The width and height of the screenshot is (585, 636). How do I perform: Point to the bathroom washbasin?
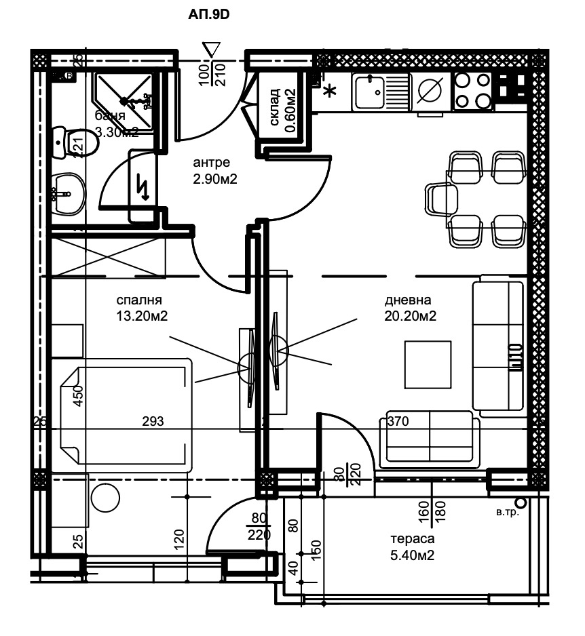click(67, 191)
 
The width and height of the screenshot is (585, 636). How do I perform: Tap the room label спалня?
click(138, 300)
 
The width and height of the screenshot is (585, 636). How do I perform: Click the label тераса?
click(412, 540)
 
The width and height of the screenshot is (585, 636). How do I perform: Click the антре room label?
click(211, 163)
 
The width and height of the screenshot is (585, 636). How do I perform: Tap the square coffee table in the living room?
click(428, 364)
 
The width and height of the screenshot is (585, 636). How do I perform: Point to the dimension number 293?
click(153, 422)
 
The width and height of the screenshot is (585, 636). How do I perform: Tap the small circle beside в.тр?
click(521, 502)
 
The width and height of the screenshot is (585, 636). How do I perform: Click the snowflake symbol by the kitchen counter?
click(331, 92)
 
